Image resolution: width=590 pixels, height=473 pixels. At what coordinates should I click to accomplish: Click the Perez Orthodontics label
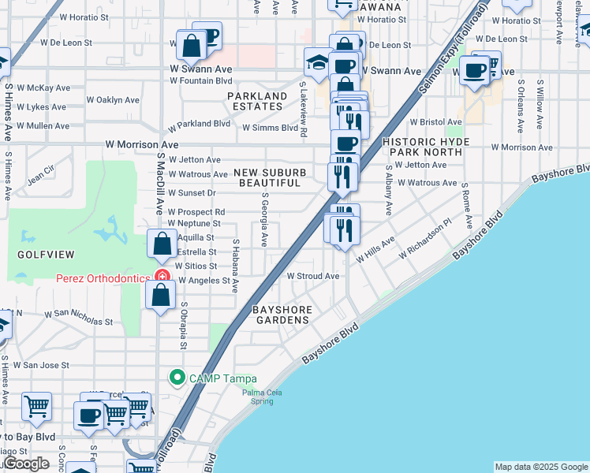[103, 278]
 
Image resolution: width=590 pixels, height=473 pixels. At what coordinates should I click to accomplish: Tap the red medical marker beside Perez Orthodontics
[162, 277]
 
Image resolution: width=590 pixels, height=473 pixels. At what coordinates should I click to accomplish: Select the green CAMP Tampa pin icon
[177, 378]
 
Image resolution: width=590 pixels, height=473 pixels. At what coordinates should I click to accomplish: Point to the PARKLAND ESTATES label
[257, 102]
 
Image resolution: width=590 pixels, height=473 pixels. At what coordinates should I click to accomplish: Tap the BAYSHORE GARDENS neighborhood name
[282, 315]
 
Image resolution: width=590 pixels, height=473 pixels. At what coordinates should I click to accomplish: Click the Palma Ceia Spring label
[258, 397]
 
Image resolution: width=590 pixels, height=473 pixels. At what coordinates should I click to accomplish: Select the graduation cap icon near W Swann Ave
[317, 62]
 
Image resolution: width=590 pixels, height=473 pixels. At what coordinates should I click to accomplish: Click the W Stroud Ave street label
[312, 276]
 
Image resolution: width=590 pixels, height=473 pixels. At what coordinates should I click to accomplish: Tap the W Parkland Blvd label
[199, 124]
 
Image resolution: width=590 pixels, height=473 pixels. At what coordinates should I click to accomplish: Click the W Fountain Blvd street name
[201, 80]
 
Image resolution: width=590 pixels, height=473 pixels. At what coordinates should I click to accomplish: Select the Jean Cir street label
[40, 175]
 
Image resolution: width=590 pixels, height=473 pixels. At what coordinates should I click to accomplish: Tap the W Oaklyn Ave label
[113, 100]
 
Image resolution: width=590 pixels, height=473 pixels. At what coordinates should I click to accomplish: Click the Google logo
[25, 464]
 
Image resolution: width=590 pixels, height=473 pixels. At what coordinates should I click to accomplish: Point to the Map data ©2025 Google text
[541, 467]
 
